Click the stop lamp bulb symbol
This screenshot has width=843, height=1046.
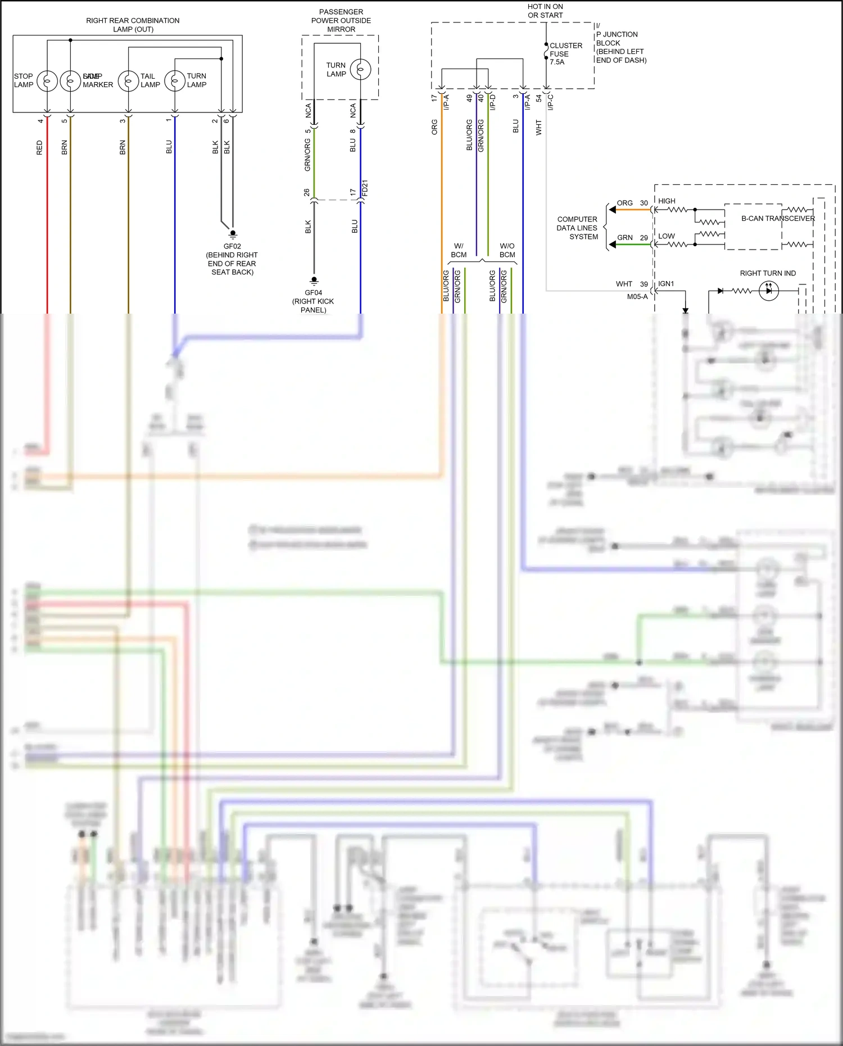(47, 81)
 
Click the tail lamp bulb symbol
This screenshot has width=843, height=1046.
(128, 81)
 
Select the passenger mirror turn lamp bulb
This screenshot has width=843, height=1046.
(360, 70)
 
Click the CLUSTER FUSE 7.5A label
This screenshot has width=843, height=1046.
(565, 54)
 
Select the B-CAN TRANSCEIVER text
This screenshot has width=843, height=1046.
(778, 218)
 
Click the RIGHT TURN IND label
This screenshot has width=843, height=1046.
(768, 273)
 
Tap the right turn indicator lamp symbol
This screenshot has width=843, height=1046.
(768, 291)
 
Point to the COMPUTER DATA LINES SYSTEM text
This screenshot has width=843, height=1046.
(577, 228)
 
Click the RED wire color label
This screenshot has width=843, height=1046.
(39, 148)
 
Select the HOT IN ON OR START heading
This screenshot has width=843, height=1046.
(545, 11)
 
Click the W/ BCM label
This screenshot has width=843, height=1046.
(459, 250)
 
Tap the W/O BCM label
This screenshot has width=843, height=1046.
(507, 250)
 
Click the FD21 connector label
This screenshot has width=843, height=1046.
(365, 188)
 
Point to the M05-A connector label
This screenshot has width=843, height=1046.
(637, 297)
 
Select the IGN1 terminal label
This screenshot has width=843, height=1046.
(666, 284)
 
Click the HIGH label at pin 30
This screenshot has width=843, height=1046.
(667, 201)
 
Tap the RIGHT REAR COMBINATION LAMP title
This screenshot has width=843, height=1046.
(133, 25)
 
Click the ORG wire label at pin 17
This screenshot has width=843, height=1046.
(434, 126)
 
